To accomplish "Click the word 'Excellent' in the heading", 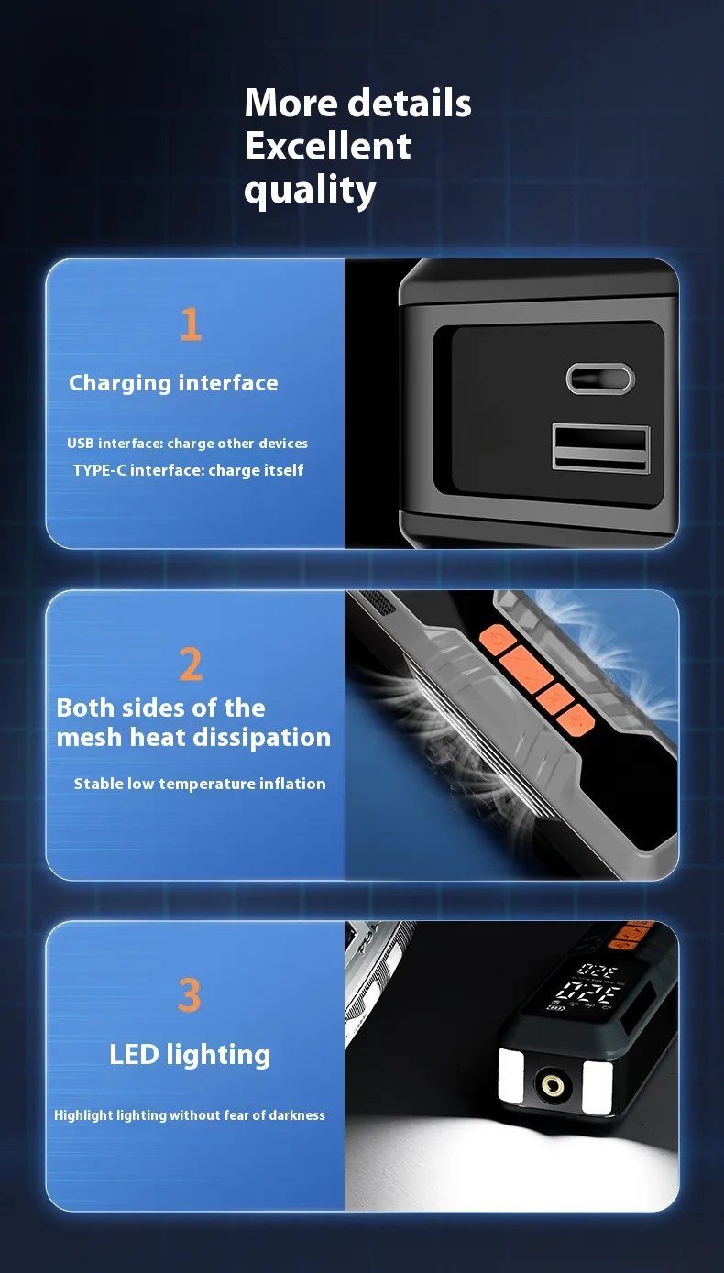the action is (327, 146).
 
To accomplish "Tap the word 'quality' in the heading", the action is (311, 191).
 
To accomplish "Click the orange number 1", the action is (191, 324).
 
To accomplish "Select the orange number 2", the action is (191, 664).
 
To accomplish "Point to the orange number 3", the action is (189, 994).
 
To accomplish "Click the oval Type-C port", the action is (600, 379).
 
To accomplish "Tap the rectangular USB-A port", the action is (601, 447).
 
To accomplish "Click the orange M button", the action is (555, 697).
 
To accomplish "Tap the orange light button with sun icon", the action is (576, 718).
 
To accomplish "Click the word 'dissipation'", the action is (263, 738).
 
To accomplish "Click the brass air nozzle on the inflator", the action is (553, 1085).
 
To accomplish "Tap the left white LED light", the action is (510, 1076).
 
